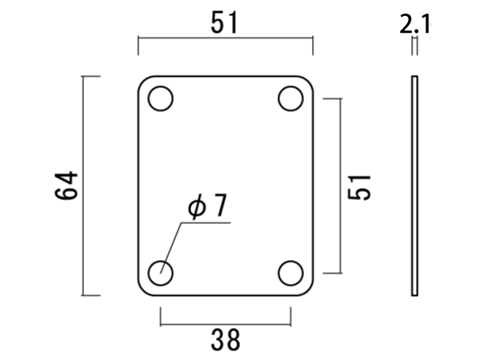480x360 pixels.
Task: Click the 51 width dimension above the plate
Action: click(224, 23)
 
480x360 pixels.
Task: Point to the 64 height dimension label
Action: click(66, 186)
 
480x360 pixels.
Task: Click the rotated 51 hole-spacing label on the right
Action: click(359, 188)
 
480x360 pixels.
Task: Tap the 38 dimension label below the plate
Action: click(226, 340)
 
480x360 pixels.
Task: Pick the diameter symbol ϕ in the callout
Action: click(197, 206)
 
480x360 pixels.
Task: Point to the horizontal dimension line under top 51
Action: click(226, 38)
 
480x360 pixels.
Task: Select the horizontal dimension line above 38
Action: click(226, 324)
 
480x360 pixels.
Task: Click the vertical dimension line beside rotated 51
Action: click(341, 186)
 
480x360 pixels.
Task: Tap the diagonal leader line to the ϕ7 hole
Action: click(171, 248)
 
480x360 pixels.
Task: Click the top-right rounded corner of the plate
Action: click(308, 81)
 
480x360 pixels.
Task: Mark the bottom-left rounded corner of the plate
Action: click(143, 290)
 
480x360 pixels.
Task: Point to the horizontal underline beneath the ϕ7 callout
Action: click(206, 223)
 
